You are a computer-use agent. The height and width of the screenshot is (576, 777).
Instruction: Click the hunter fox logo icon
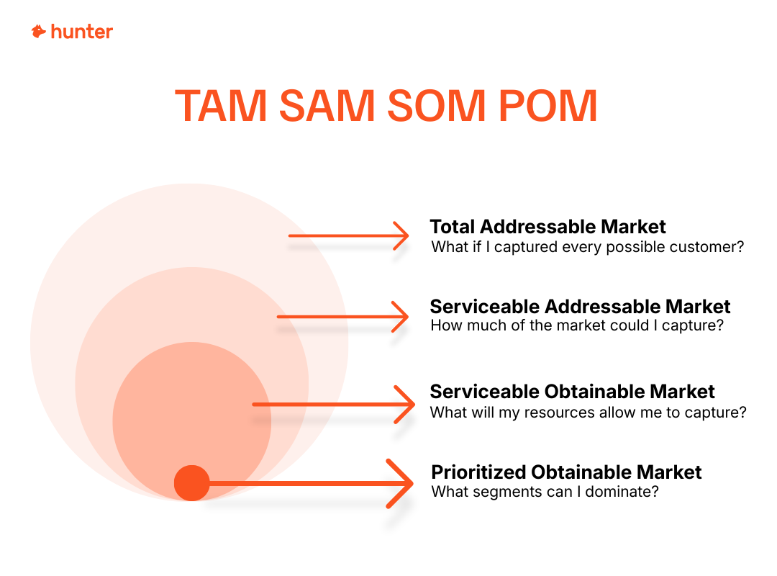(x=39, y=31)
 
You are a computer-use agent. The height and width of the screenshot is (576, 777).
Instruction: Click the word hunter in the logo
(x=82, y=32)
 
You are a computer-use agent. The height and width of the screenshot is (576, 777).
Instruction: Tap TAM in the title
(x=221, y=106)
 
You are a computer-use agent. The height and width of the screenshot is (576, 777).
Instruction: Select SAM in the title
(x=327, y=106)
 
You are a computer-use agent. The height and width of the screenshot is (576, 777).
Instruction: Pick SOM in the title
(x=436, y=106)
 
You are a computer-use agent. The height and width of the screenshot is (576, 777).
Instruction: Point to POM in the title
(x=547, y=106)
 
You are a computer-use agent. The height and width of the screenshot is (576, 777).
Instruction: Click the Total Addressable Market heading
(x=547, y=227)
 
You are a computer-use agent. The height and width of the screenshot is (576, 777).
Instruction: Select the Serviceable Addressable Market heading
(x=581, y=307)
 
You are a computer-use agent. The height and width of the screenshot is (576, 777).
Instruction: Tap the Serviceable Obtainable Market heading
(x=573, y=392)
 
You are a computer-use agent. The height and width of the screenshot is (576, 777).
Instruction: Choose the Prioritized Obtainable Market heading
(x=566, y=472)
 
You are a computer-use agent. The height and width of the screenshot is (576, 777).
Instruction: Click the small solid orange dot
(x=192, y=483)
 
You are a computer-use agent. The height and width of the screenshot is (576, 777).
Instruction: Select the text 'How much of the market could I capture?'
(x=577, y=325)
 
